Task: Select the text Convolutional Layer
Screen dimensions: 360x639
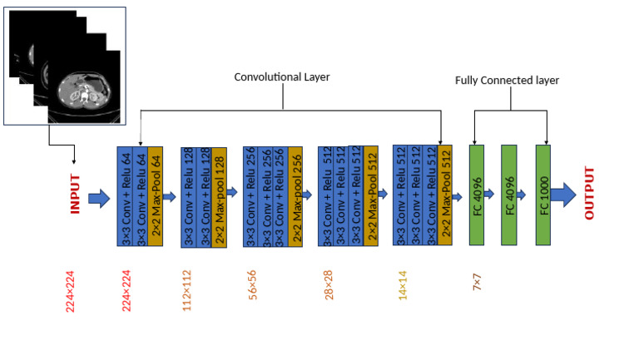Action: [282, 77]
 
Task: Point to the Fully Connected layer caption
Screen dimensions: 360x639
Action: [508, 81]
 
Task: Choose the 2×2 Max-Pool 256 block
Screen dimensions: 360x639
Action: [295, 196]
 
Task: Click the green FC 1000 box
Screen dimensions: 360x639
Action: [543, 195]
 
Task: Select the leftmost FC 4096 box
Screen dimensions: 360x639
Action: [477, 195]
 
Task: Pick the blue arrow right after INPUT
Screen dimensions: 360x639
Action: [98, 197]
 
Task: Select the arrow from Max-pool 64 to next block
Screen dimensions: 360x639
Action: [171, 197]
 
